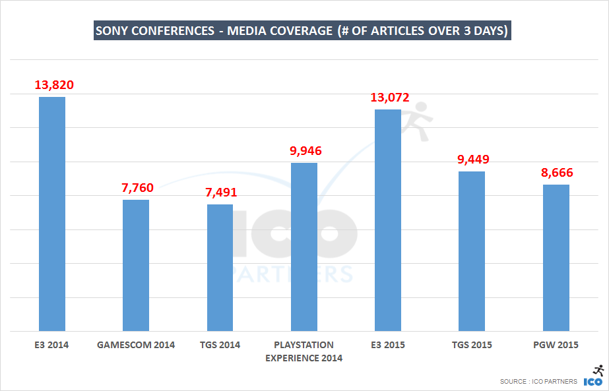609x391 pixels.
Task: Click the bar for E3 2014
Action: (52, 214)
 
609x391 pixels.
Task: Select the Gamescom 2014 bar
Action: (136, 265)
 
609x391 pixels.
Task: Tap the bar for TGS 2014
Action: (220, 267)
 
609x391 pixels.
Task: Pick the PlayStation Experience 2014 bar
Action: (304, 247)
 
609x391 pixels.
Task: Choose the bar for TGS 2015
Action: (472, 251)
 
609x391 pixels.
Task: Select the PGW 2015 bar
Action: (556, 257)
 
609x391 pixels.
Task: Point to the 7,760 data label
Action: (137, 187)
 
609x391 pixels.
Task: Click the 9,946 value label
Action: (305, 150)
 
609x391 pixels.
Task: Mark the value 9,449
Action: (472, 159)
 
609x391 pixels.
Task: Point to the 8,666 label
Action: (556, 173)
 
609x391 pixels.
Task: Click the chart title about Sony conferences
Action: (302, 31)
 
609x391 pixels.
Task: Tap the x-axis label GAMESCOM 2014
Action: (136, 345)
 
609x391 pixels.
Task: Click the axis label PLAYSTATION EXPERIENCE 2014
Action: (304, 351)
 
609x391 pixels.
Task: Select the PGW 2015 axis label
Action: (556, 345)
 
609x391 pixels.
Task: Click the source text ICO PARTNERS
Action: (538, 382)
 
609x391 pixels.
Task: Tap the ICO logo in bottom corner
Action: (594, 376)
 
